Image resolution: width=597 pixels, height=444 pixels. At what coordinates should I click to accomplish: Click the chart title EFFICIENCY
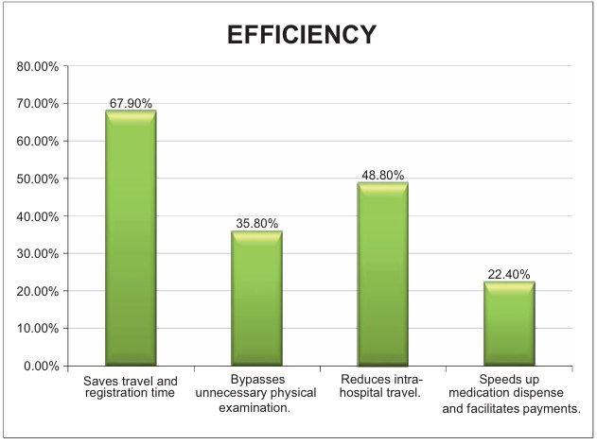pos(302,34)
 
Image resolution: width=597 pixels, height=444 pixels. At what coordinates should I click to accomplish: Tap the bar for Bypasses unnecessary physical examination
pos(256,298)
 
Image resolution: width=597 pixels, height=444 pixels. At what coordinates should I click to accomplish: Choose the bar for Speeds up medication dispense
pos(510,323)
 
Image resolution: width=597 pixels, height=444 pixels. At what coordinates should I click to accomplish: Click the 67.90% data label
pos(131,103)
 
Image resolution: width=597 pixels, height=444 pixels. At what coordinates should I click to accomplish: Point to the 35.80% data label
pos(256,223)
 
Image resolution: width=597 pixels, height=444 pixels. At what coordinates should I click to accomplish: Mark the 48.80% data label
pos(382,175)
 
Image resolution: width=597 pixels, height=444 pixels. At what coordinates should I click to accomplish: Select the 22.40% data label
pos(510,274)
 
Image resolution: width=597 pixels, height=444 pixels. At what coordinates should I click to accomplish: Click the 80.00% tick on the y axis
pos(37,66)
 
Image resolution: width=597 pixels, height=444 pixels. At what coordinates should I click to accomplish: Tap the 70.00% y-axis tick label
pos(37,104)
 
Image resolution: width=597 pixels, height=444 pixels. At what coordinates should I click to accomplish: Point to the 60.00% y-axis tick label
pos(37,141)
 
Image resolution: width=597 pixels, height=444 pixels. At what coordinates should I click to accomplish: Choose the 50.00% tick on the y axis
pos(37,179)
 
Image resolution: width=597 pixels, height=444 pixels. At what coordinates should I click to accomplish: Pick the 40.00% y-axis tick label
pos(37,216)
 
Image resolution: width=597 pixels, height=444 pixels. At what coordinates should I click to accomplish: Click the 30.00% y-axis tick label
pos(37,253)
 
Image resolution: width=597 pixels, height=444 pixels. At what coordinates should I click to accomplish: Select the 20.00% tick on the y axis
pos(37,291)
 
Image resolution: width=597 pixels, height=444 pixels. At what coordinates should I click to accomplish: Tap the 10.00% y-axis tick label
pos(37,329)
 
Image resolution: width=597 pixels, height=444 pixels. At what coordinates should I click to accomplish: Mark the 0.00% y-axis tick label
pos(40,366)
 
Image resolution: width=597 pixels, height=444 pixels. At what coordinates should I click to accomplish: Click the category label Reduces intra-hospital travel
pos(382,385)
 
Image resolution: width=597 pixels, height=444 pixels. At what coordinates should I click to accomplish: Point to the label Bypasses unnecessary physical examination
pos(256,392)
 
